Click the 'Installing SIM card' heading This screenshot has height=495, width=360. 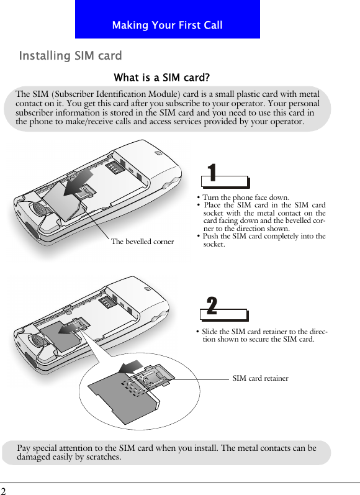point(70,57)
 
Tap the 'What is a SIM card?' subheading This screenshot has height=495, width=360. point(162,78)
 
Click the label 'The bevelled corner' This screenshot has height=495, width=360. point(142,242)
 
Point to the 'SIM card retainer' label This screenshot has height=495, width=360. point(260,378)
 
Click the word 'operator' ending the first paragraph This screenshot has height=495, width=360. point(285,122)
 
